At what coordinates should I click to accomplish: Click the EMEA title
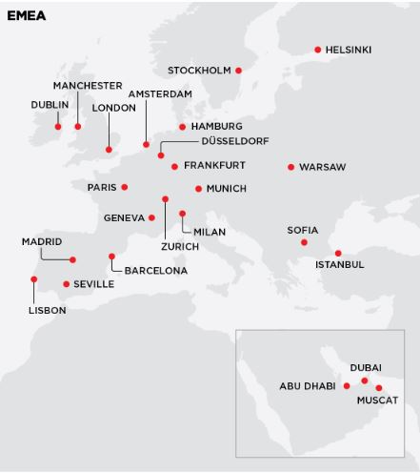[x=26, y=15]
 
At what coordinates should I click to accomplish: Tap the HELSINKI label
[x=348, y=50]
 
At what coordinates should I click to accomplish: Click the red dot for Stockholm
[x=238, y=71]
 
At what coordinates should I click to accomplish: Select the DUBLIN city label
[x=50, y=105]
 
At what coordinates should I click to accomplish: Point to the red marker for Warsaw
[x=290, y=167]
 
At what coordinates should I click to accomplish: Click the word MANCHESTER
[x=88, y=86]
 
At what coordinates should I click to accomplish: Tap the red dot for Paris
[x=124, y=187]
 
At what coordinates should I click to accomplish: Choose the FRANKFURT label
[x=214, y=166]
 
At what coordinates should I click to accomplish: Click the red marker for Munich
[x=198, y=189]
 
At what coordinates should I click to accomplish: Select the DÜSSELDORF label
[x=235, y=141]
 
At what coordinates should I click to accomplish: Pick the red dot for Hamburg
[x=182, y=126]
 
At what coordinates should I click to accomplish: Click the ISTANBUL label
[x=339, y=264]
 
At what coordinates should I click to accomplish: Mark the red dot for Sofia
[x=304, y=242]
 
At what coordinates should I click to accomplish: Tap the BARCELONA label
[x=156, y=271]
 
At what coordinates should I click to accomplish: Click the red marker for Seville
[x=66, y=284]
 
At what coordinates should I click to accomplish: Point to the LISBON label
[x=47, y=310]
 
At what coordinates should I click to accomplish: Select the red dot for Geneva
[x=151, y=217]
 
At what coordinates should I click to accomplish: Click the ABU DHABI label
[x=308, y=386]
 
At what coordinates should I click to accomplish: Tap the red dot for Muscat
[x=379, y=388]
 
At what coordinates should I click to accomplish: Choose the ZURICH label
[x=180, y=247]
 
